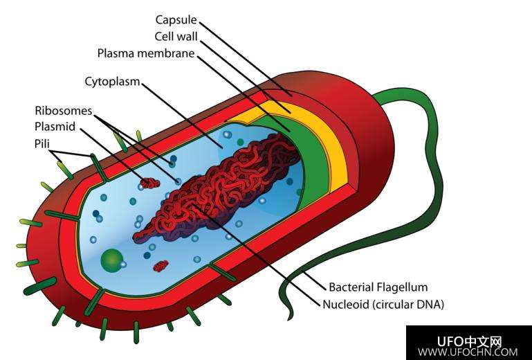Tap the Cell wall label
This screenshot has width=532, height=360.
click(x=176, y=36)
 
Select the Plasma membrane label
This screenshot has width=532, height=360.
click(x=145, y=53)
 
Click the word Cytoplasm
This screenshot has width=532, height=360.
click(x=112, y=82)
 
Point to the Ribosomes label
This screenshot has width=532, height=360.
click(x=63, y=111)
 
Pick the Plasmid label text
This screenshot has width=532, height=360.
click(x=55, y=127)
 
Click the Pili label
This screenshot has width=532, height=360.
click(x=42, y=144)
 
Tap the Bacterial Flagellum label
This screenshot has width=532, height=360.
click(x=378, y=287)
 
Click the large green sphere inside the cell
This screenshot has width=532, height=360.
click(x=111, y=262)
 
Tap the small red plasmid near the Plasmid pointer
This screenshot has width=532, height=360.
click(x=149, y=183)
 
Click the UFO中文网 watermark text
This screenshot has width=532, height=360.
click(x=469, y=341)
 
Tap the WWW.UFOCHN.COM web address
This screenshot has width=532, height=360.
click(x=468, y=352)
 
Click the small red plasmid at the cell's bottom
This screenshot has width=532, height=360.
click(x=161, y=265)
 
